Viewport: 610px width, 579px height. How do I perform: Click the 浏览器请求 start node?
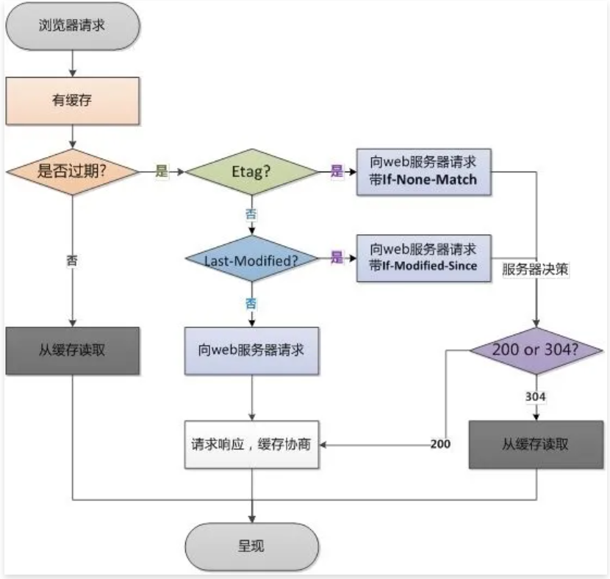72,25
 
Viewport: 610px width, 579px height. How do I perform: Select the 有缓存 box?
72,101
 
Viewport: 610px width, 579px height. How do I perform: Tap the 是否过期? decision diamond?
72,172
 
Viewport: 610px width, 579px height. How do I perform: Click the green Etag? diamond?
252,172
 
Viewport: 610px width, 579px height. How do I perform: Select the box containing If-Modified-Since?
423,258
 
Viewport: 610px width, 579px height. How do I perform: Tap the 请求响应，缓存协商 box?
252,444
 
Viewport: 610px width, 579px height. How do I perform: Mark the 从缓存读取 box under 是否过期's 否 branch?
72,350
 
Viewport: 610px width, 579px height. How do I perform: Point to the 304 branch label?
535,396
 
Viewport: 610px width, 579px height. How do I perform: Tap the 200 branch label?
440,444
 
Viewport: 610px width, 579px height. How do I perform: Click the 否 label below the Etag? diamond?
251,215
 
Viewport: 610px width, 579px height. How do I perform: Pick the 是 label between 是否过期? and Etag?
162,172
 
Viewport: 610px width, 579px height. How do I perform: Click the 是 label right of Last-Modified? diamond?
337,258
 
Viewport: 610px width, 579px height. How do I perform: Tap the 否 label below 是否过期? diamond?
72,260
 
